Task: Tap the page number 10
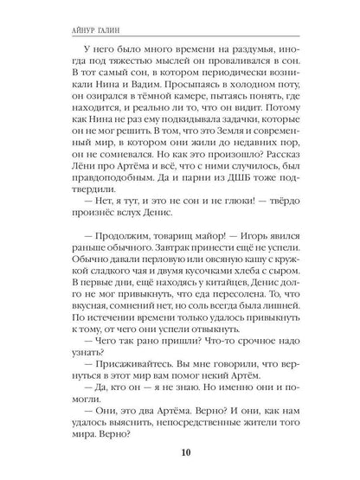(179, 452)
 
